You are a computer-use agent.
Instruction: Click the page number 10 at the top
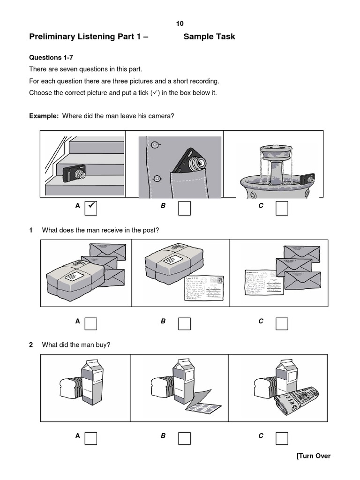[x=180, y=23]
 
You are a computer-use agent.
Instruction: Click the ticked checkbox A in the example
[x=91, y=208]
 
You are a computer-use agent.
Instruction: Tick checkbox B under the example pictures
[x=184, y=208]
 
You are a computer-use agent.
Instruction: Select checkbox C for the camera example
[x=282, y=208]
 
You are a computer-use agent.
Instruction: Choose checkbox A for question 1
[x=91, y=323]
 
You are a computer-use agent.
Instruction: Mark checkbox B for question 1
[x=184, y=323]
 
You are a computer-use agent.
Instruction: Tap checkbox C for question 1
[x=282, y=323]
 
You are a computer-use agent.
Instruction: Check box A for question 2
[x=91, y=438]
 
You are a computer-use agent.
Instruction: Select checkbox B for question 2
[x=184, y=438]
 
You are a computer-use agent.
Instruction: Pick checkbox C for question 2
[x=282, y=438]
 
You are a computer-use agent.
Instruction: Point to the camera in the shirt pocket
[x=189, y=162]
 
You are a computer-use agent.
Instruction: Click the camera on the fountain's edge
[x=307, y=180]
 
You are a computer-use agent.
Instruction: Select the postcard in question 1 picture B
[x=201, y=290]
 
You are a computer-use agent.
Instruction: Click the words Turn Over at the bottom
[x=314, y=456]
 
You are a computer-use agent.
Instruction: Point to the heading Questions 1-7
[x=51, y=58]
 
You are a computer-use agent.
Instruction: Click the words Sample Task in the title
[x=209, y=37]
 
